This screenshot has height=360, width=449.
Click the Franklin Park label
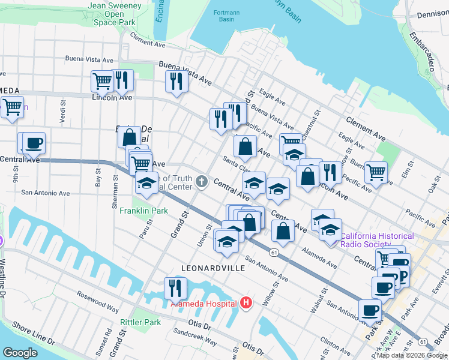[143, 211]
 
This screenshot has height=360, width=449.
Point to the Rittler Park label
[140, 322]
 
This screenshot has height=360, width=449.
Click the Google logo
[20, 352]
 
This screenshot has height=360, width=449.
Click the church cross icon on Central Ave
[203, 181]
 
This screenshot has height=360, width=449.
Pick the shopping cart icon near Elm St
[375, 172]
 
